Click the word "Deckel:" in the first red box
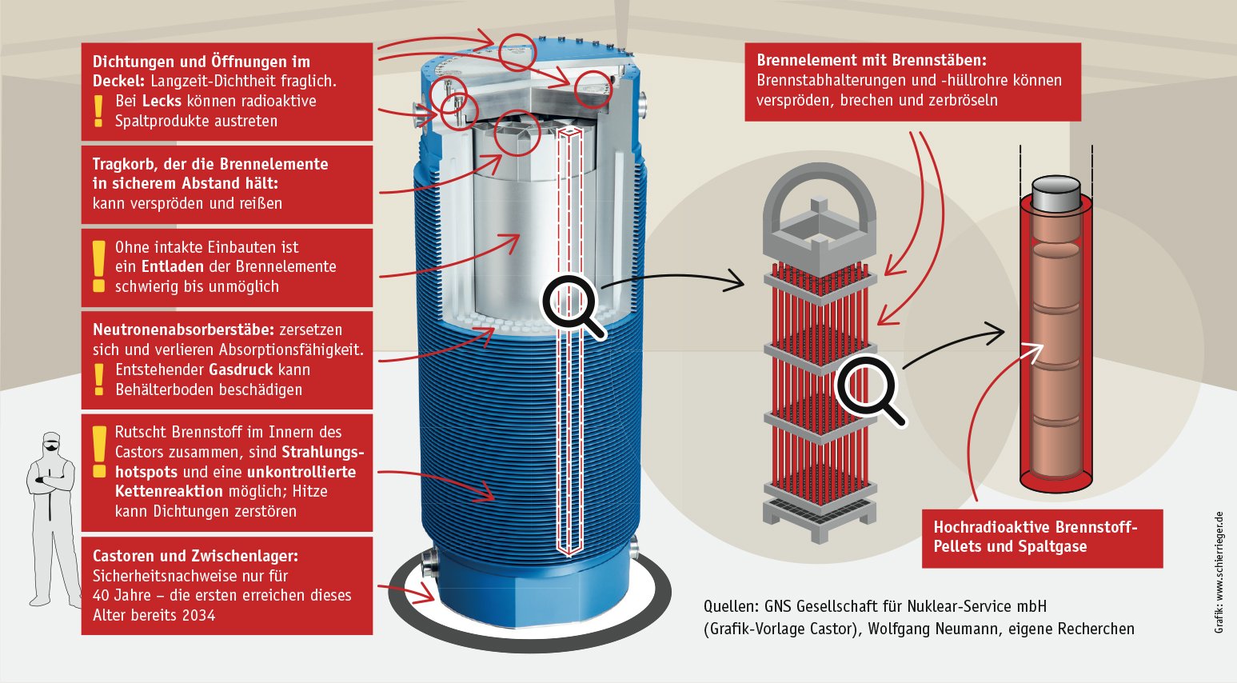[119, 81]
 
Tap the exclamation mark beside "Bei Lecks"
[98, 111]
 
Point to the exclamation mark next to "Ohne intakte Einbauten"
[98, 266]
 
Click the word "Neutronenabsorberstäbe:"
[183, 330]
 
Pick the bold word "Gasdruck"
[241, 369]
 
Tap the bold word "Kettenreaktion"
[169, 491]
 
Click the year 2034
[198, 615]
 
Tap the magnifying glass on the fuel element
[868, 389]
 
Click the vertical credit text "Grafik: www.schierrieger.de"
[1219, 573]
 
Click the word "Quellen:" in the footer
[730, 606]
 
